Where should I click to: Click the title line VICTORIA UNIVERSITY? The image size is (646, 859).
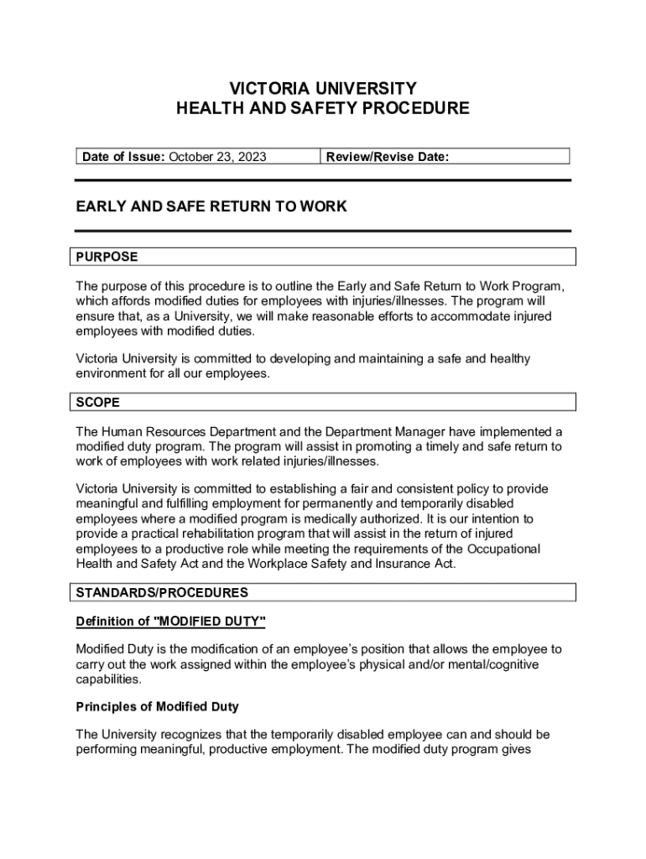[322, 88]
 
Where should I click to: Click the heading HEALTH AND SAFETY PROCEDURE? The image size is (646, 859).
[322, 108]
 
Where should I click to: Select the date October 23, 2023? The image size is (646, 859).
[218, 157]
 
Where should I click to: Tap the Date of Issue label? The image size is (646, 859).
[122, 157]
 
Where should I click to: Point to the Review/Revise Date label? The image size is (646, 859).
[388, 157]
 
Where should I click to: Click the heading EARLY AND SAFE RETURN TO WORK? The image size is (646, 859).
[211, 206]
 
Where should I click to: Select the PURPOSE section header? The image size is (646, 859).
[107, 257]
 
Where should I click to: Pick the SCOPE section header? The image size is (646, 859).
[98, 403]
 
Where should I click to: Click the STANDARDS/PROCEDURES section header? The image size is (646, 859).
[162, 592]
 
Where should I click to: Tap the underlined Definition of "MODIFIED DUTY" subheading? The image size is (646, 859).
[171, 622]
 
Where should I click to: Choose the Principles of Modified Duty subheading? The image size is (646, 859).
[158, 707]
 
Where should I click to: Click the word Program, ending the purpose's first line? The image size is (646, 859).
[526, 285]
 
